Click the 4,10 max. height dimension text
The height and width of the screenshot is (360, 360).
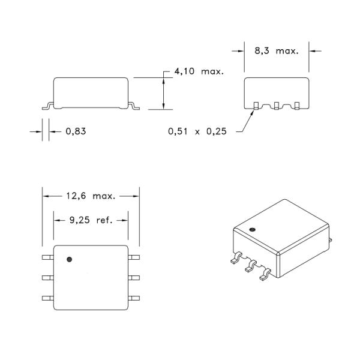click(x=199, y=71)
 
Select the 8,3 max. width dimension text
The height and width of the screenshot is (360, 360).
click(x=276, y=51)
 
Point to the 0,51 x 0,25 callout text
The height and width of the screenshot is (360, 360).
click(x=197, y=132)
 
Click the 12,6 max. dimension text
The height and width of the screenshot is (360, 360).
click(x=90, y=195)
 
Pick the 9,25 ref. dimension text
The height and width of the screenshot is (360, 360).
click(x=90, y=220)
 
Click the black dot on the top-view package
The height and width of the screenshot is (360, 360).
click(x=70, y=259)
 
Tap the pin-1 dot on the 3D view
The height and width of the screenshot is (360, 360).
click(x=253, y=229)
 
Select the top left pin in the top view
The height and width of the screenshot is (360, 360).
click(x=47, y=257)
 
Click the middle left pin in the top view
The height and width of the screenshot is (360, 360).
click(x=47, y=277)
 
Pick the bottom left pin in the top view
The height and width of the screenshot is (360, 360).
click(x=47, y=298)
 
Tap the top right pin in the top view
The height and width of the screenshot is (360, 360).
click(x=134, y=257)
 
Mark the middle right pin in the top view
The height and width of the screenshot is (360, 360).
click(x=134, y=277)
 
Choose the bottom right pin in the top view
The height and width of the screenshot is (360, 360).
click(x=134, y=298)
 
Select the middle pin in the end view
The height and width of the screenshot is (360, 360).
click(x=276, y=106)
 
